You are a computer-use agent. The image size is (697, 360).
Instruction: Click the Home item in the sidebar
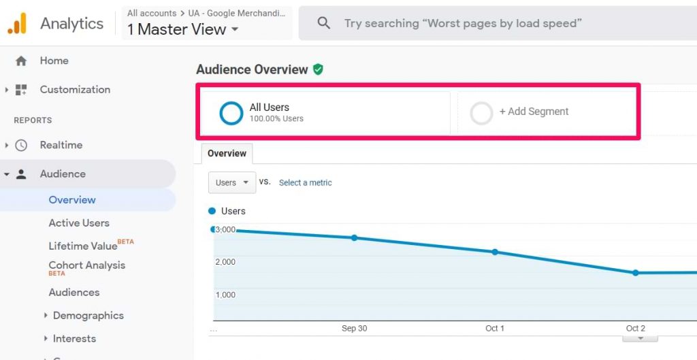click(x=54, y=61)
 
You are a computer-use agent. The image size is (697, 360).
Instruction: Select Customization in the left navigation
click(x=74, y=89)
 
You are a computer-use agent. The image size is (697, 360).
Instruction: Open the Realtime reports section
click(x=61, y=145)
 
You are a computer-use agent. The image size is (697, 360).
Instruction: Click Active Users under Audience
click(x=79, y=223)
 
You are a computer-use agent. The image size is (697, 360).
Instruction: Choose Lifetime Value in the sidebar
click(x=83, y=246)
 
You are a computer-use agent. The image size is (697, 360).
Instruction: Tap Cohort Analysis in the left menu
click(x=86, y=265)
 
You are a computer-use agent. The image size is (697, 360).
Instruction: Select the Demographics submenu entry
click(x=88, y=315)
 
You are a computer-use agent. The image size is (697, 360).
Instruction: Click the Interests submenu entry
click(x=74, y=338)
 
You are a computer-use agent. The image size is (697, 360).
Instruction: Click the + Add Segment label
click(x=534, y=112)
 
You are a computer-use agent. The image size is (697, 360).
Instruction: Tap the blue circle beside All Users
click(x=231, y=113)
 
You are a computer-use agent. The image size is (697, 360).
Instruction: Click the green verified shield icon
click(x=318, y=69)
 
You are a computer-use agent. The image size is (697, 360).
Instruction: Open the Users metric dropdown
click(x=232, y=182)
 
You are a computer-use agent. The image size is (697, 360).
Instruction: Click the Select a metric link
click(x=306, y=182)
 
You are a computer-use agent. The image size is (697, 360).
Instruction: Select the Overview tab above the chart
click(x=227, y=153)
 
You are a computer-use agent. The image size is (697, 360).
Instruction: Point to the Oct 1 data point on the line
click(x=495, y=252)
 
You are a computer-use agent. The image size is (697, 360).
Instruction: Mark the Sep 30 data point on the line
click(x=354, y=238)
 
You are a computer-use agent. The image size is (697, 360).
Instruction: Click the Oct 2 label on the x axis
click(x=636, y=328)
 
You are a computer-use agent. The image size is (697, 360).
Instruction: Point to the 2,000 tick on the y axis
click(x=225, y=262)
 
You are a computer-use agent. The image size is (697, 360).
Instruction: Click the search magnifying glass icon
click(x=324, y=23)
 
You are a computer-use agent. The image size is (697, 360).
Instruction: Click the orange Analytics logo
click(x=17, y=23)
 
